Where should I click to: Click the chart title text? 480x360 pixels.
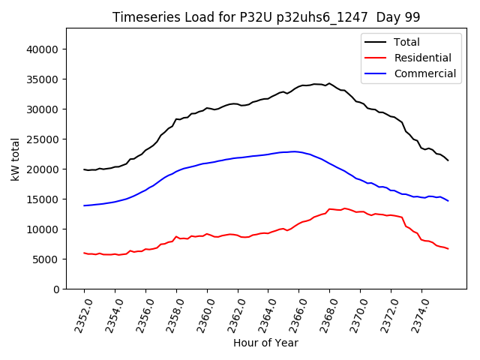point(265,17)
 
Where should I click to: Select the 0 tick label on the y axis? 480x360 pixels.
point(57,289)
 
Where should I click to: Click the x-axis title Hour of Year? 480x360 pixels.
point(265,343)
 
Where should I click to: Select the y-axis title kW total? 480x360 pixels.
point(15,158)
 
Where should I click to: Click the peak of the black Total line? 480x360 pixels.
point(328,83)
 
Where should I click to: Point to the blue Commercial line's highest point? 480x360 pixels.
point(295,151)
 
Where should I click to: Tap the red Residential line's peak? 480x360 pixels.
point(330,209)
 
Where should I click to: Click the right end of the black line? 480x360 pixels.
point(448,160)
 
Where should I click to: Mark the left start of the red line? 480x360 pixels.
point(84,253)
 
